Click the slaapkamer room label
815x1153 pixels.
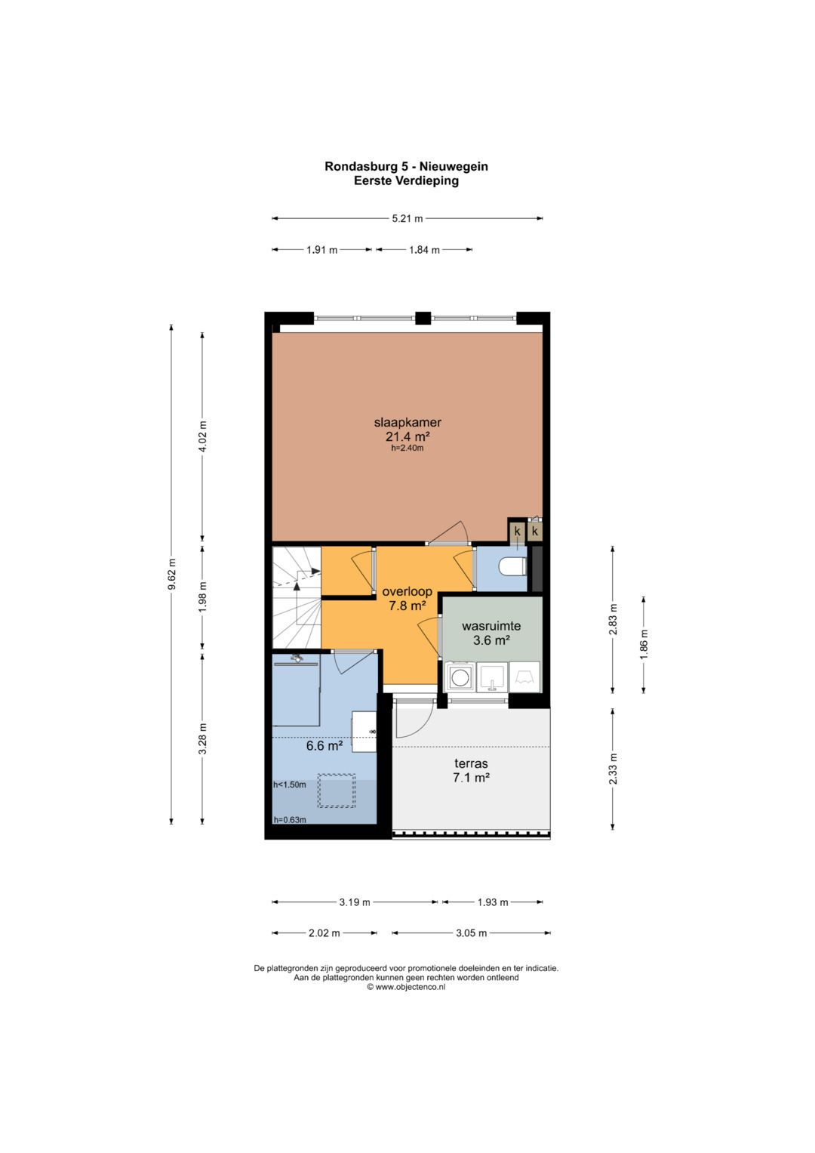[x=407, y=423]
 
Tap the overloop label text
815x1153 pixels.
[x=407, y=591]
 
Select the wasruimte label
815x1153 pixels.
[x=491, y=627]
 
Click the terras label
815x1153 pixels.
[x=471, y=763]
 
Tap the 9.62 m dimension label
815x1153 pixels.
[x=171, y=575]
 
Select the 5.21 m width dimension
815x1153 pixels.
[x=407, y=218]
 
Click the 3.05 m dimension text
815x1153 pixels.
[x=472, y=933]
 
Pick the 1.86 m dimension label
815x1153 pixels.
[x=644, y=645]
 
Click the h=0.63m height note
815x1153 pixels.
[x=290, y=820]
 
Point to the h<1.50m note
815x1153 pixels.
[x=290, y=785]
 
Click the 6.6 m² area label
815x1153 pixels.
[x=324, y=745]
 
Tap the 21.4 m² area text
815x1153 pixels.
[x=407, y=436]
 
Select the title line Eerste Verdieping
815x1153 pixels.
[x=406, y=180]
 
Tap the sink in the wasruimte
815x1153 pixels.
[x=492, y=677]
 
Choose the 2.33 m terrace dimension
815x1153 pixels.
[x=613, y=769]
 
